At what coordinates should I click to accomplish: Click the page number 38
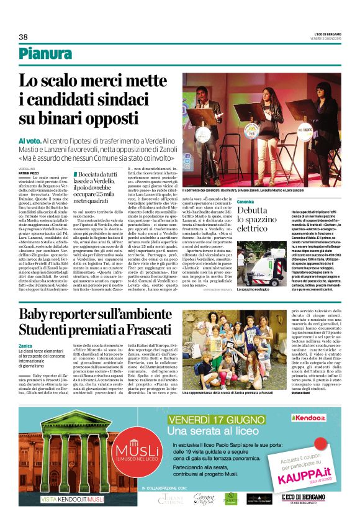coord(24,37)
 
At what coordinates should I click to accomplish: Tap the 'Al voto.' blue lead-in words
coord(29,142)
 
